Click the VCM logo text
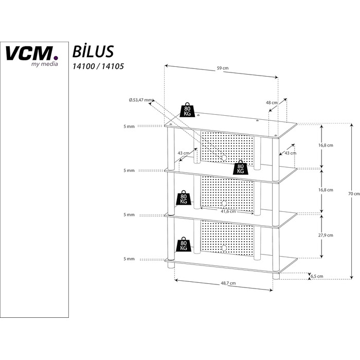click(31, 53)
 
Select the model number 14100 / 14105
click(98, 66)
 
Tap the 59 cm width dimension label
click(223, 68)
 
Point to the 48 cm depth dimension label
click(272, 103)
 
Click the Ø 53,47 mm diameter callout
click(140, 100)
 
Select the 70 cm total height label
click(354, 194)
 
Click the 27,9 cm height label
click(326, 235)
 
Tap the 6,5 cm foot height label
click(317, 277)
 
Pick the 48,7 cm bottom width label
click(228, 283)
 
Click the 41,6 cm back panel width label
click(228, 211)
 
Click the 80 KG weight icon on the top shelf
click(187, 110)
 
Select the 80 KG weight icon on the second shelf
click(240, 167)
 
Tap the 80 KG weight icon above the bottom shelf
click(184, 244)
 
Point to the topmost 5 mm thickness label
click(129, 127)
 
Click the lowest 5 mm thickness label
click(129, 259)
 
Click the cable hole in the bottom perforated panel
click(224, 248)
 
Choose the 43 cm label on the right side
click(291, 153)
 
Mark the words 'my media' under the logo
click(45, 64)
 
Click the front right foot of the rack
click(276, 276)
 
